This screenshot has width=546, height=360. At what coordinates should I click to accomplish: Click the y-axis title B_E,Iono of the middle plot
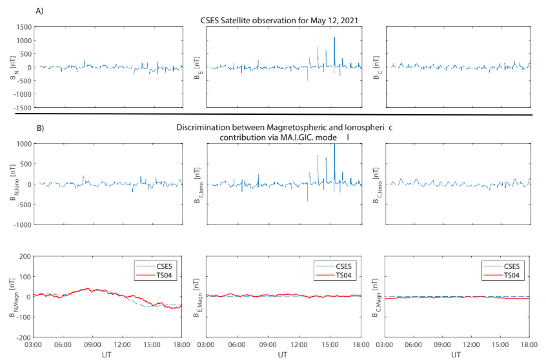coord(201,185)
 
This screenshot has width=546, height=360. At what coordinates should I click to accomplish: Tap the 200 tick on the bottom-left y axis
coord(25,256)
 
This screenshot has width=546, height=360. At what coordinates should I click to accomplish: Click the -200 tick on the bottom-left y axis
coord(24,337)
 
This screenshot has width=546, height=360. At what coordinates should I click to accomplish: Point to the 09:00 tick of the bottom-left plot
coord(93,345)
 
